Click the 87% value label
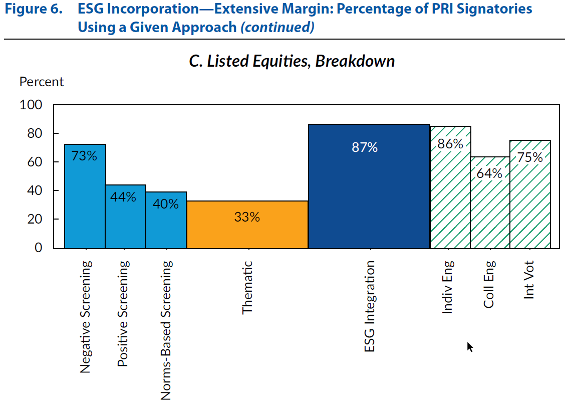(364, 147)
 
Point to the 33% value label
(247, 217)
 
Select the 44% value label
(123, 196)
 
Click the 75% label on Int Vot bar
(530, 157)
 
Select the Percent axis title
(42, 82)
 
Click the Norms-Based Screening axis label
(166, 329)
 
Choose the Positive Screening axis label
(123, 313)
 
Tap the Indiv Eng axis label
(448, 287)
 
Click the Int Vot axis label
(529, 280)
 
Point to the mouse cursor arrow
(469, 346)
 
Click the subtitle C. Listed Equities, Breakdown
(292, 61)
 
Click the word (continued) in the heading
(277, 27)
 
